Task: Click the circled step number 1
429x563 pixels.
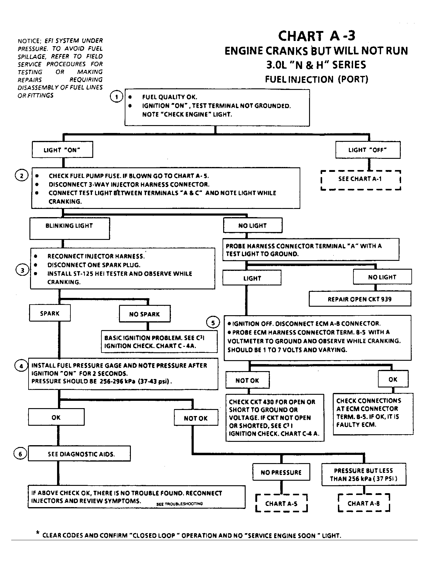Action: pos(116,97)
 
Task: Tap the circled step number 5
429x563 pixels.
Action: pos(213,323)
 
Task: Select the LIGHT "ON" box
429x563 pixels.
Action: pos(62,150)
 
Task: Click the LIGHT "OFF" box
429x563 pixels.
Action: pos(368,150)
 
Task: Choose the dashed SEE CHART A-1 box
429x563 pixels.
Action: pos(361,179)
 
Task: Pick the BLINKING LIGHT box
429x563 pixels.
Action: pos(69,228)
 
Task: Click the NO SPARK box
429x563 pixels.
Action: pos(145,314)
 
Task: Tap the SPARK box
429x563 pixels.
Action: pos(50,313)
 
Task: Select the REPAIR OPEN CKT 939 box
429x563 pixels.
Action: pos(360,299)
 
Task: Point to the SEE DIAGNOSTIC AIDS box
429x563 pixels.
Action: pos(80,454)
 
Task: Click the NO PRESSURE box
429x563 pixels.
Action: pos(281,472)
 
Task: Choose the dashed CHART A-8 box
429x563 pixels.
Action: pos(364,503)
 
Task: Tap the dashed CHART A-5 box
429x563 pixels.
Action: pos(281,504)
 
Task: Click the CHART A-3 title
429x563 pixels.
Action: pos(317,36)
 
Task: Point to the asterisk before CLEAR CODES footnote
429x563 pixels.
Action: pos(37,533)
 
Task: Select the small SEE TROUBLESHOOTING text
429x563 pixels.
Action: pos(179,504)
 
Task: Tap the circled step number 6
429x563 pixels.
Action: pos(20,454)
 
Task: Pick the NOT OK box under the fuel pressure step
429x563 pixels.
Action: pos(196,418)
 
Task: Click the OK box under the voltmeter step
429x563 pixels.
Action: pos(393,379)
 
